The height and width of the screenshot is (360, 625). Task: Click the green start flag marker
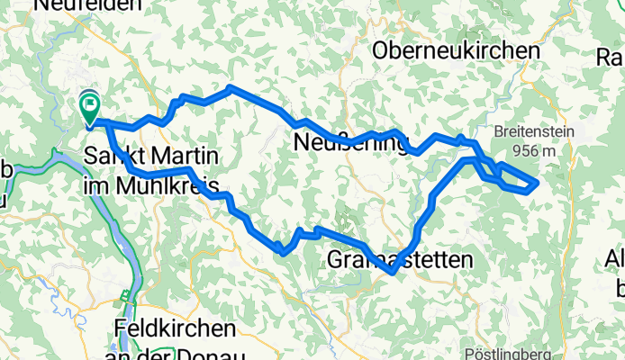(x=90, y=109)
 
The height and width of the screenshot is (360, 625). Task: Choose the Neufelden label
(x=87, y=5)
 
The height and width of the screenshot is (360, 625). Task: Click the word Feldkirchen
(x=176, y=329)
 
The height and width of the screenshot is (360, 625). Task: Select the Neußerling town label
(x=352, y=141)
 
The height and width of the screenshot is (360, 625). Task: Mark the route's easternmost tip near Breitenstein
(x=538, y=183)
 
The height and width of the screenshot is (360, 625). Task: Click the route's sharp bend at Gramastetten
(x=393, y=273)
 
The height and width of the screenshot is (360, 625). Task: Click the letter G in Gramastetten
(x=331, y=261)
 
